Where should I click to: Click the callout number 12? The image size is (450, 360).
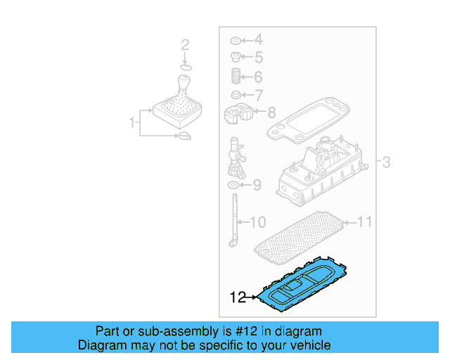238,297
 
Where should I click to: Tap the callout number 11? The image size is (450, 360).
364,223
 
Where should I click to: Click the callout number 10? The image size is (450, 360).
257,223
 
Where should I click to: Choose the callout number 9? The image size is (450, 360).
257,186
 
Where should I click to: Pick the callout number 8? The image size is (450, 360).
271,111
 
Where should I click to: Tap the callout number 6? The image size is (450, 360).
257,77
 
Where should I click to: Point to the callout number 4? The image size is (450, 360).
257,39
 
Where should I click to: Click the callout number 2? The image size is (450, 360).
185,45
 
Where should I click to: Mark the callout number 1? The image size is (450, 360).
131,123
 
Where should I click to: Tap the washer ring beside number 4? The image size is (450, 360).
236,39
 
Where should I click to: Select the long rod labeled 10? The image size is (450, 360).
233,219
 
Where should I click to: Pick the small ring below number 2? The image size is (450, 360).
185,66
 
